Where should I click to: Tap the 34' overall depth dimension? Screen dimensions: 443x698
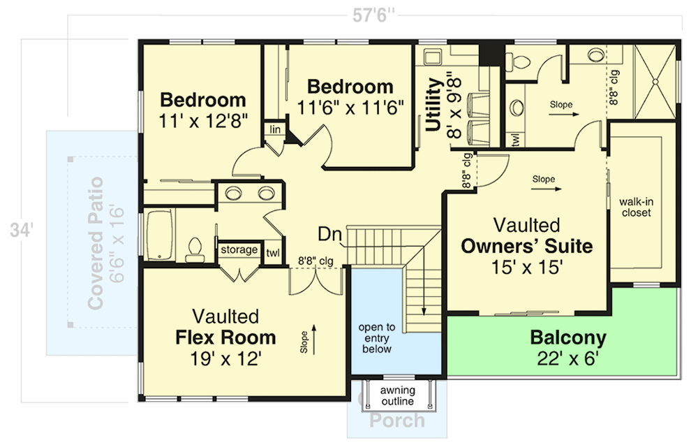click(19, 230)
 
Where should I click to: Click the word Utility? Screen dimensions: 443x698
click(434, 105)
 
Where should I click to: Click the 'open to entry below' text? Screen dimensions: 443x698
click(377, 338)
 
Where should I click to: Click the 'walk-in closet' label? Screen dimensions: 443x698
click(635, 207)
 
